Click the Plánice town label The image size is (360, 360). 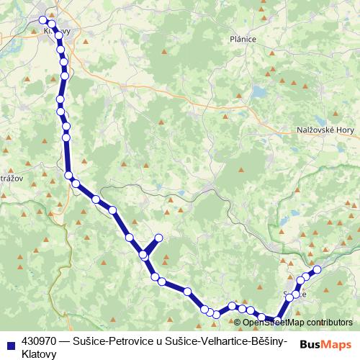click(243, 40)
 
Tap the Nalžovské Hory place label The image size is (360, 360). click(325, 130)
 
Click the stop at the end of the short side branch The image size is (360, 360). click(158, 238)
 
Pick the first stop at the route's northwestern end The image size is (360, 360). click(43, 19)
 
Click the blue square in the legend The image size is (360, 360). click(10, 341)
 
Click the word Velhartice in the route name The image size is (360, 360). click(213, 341)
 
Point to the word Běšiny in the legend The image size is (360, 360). click(264, 341)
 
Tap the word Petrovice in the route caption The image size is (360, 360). click(130, 341)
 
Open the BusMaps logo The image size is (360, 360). click(325, 345)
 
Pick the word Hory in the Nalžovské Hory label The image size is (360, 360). click(343, 130)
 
